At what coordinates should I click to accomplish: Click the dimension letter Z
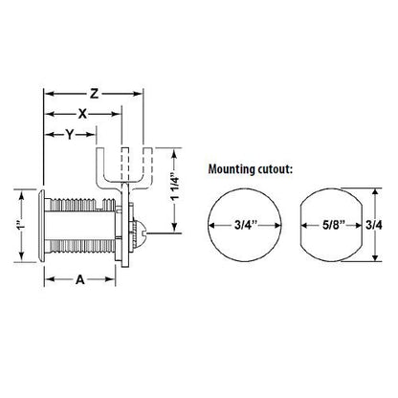(94, 94)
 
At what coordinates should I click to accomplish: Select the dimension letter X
(82, 114)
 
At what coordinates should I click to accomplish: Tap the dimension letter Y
(70, 135)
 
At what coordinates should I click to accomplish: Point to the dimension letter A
(80, 279)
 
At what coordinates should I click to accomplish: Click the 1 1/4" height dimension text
(175, 187)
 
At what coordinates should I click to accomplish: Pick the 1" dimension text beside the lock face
(21, 225)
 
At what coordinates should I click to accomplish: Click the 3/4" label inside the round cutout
(246, 225)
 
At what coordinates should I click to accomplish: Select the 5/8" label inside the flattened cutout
(334, 225)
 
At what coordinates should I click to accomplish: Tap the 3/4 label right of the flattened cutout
(373, 225)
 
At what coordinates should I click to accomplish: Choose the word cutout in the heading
(274, 169)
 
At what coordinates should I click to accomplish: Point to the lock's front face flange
(41, 226)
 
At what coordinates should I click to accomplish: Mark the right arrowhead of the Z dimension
(138, 94)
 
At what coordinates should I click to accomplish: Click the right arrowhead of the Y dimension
(91, 135)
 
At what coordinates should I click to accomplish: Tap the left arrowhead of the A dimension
(49, 279)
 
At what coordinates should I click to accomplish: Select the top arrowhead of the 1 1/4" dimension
(174, 153)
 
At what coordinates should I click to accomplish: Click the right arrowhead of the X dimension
(116, 114)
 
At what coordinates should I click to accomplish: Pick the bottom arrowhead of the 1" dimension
(21, 256)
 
